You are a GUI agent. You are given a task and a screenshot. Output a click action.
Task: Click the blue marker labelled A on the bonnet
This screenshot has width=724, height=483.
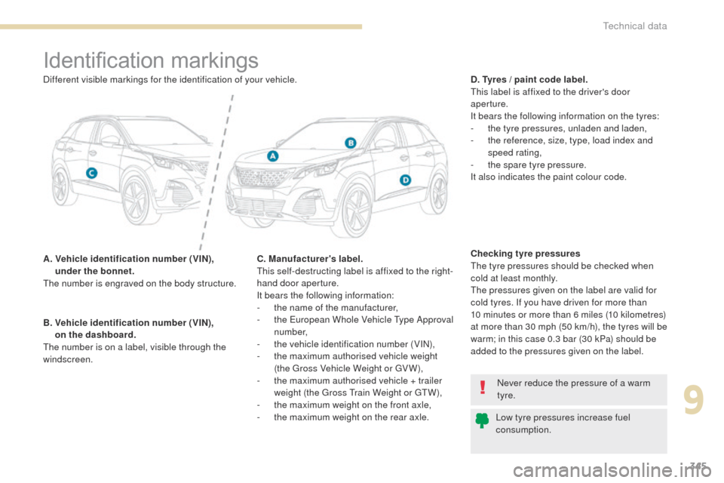(273, 156)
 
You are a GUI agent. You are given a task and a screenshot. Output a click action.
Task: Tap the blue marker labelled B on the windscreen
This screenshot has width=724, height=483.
(351, 143)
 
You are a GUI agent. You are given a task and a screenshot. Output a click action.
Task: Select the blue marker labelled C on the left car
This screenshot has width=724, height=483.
(91, 174)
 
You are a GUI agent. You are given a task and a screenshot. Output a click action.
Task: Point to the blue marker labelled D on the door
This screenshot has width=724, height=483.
(405, 180)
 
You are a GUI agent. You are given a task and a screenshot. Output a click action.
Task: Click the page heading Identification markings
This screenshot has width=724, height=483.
(151, 60)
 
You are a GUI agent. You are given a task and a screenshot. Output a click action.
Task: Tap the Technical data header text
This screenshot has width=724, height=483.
(634, 26)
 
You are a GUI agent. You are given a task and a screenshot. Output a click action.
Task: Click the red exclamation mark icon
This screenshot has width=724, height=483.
(483, 387)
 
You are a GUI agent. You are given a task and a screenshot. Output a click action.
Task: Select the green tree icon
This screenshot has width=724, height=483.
(482, 420)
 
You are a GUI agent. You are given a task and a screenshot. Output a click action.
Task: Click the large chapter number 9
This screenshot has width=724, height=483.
(694, 401)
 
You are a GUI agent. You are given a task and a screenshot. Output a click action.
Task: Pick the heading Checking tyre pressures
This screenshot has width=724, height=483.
(525, 254)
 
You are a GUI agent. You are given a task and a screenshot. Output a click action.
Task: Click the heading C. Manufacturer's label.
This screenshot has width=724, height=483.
(310, 259)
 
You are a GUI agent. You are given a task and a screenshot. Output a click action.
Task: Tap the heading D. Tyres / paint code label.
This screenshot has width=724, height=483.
(529, 79)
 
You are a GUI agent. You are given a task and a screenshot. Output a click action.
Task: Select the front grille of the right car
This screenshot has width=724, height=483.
(262, 177)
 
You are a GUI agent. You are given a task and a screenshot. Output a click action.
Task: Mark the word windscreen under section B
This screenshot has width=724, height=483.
(68, 359)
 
